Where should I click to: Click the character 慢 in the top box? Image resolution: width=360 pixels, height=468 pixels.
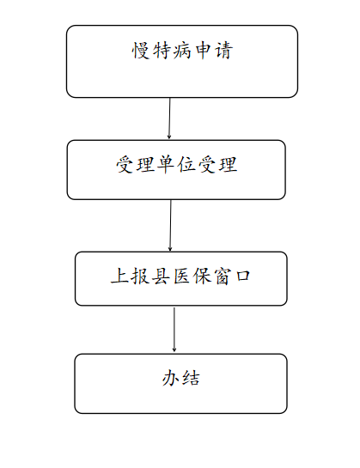click(140, 50)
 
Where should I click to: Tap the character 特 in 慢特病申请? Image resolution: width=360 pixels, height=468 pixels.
click(161, 50)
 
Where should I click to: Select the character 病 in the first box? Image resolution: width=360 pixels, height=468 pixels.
click(182, 50)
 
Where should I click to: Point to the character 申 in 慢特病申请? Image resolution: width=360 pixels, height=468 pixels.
click(203, 50)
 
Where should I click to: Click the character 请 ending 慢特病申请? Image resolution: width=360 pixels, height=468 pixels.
click(223, 50)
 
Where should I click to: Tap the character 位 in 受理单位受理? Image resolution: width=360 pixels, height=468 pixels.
click(186, 165)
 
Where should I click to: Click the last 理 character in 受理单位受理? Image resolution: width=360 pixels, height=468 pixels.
click(229, 165)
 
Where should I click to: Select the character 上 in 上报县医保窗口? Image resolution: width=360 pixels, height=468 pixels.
click(119, 276)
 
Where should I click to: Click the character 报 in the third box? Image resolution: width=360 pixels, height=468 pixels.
click(140, 276)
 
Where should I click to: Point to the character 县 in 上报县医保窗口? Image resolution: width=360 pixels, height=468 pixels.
click(161, 276)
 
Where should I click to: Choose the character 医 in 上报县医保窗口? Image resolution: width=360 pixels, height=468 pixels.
click(180, 276)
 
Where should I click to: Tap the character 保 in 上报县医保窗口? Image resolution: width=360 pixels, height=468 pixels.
click(202, 276)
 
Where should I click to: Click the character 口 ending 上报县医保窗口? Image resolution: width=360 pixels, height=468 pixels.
click(242, 276)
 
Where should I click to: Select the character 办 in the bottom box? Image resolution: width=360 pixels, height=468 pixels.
click(171, 378)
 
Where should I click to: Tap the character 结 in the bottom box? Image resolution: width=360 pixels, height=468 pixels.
click(191, 378)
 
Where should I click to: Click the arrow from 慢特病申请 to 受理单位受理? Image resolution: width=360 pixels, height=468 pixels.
click(169, 119)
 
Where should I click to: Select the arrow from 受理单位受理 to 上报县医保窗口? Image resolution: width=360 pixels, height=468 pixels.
click(170, 225)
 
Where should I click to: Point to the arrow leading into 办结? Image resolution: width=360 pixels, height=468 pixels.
click(174, 330)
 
